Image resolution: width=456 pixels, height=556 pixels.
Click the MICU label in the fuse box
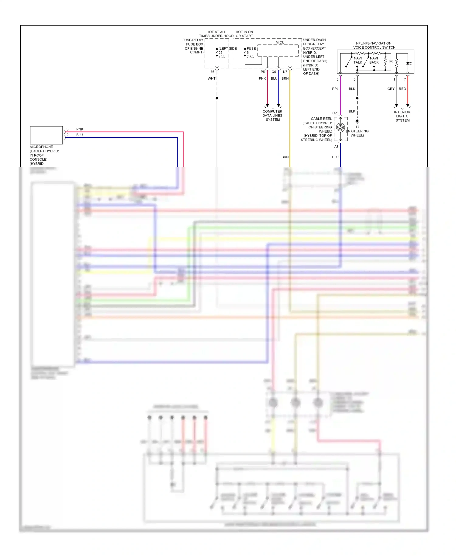coord(280,42)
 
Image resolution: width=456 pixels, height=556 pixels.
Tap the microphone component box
coord(46,135)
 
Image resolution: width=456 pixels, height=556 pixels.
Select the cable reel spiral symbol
coord(340,127)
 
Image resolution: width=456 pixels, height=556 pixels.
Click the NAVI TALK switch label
coord(358,60)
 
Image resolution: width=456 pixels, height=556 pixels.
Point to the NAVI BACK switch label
coord(374,60)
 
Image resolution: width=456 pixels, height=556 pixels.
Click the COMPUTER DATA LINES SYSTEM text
coord(272,116)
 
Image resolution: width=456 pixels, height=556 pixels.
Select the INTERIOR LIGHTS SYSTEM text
coord(402,116)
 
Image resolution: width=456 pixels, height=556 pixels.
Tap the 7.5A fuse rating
coord(250,57)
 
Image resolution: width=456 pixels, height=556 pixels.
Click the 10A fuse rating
coord(222,57)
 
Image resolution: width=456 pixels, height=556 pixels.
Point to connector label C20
coord(335,113)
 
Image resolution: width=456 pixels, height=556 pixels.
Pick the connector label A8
coord(336,147)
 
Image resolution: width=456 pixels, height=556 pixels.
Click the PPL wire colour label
coord(335,89)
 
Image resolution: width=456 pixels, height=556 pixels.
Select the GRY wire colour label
coord(391,89)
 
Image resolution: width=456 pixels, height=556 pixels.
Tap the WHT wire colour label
coord(211,78)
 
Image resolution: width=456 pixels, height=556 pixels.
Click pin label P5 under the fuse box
coord(263,72)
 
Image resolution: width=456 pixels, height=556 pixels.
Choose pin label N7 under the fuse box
coord(285,72)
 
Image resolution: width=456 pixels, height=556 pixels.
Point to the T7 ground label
coord(357,127)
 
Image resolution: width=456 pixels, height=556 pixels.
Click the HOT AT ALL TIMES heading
coord(216,34)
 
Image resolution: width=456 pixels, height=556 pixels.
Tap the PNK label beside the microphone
coord(80,129)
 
